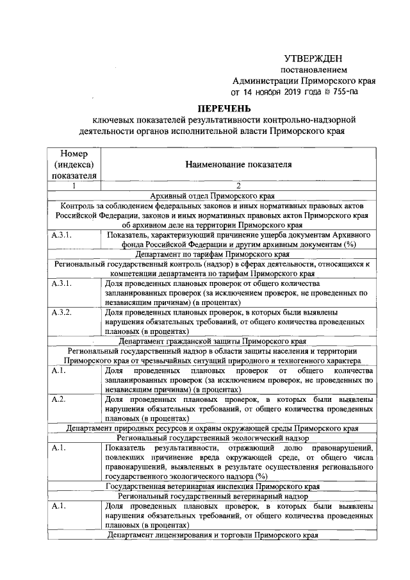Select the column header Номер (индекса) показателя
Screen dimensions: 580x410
[x=74, y=165]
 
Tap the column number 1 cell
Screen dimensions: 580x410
[x=74, y=186]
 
